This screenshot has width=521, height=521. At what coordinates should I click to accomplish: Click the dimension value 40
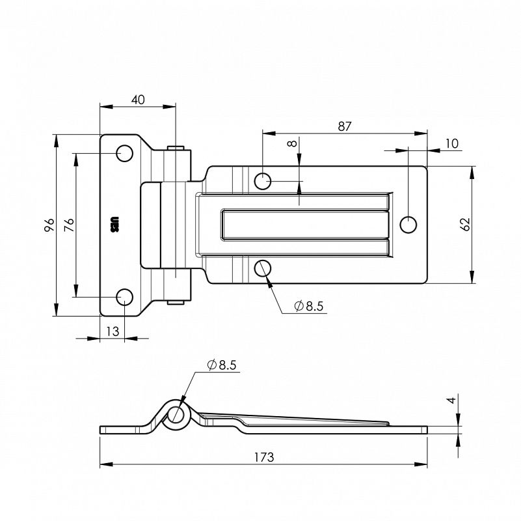(138, 100)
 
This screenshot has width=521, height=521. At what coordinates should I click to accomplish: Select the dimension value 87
(345, 127)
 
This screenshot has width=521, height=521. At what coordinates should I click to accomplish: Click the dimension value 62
(464, 225)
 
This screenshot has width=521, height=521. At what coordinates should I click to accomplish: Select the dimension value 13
(113, 331)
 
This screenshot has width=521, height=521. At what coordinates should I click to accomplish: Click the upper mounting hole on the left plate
(124, 154)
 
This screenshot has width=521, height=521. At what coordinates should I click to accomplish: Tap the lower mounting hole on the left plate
(124, 297)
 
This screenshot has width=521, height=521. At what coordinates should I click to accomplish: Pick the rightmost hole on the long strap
(408, 225)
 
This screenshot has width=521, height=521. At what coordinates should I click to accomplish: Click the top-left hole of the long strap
(263, 180)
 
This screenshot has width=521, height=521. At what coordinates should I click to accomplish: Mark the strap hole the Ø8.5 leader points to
(263, 268)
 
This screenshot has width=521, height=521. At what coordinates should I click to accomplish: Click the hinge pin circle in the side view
(177, 415)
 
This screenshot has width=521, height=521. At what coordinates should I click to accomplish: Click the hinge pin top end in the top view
(174, 148)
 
